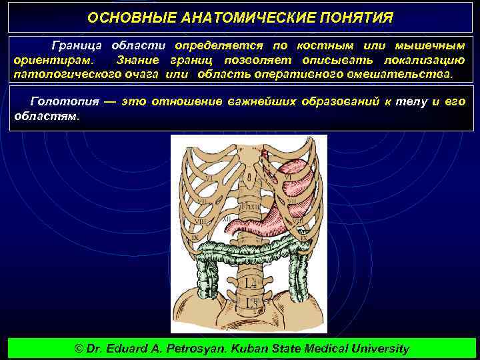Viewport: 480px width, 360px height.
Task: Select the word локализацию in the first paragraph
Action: [x=427, y=60]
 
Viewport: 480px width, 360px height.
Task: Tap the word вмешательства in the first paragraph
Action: [x=399, y=73]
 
